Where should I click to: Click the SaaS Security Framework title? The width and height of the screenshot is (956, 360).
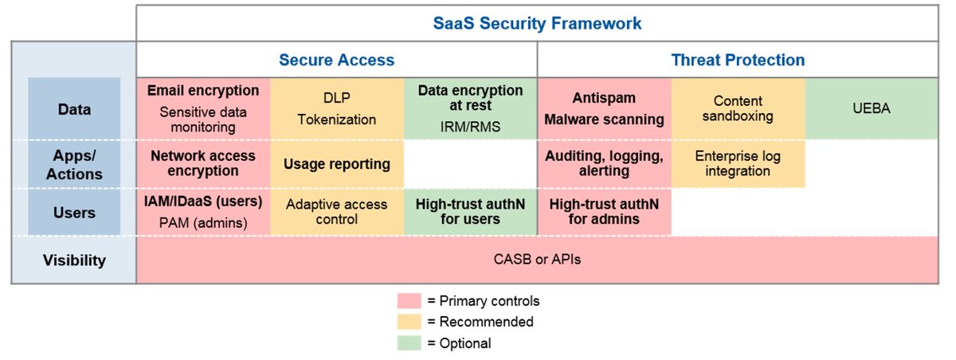point(537,23)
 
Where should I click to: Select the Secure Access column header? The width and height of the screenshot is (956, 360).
point(336,60)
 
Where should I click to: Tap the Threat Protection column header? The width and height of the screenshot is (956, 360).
point(738,60)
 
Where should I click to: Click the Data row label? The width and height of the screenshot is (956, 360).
point(74,109)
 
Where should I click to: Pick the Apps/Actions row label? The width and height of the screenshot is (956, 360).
point(74,164)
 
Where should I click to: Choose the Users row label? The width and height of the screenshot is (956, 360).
point(74,213)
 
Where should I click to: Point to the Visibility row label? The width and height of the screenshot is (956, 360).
point(74,260)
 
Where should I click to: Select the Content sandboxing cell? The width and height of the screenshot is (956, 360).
point(738,109)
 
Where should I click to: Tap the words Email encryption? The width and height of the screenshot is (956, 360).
point(203,91)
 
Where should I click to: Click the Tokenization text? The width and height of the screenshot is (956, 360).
point(337,119)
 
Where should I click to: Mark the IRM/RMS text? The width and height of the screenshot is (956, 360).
point(470,127)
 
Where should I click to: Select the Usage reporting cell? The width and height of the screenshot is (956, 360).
point(337,164)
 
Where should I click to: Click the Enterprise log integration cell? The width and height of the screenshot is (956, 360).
point(738,164)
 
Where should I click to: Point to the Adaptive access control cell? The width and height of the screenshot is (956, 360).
point(337,212)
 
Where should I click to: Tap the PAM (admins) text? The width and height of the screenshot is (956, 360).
point(203,223)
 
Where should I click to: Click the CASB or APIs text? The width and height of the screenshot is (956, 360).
point(537,260)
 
